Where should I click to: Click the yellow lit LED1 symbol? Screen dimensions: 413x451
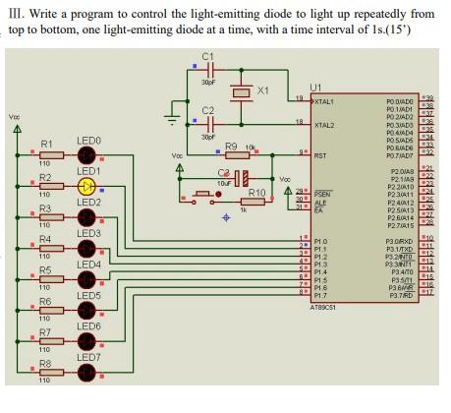87,187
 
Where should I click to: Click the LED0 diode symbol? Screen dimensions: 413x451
87,155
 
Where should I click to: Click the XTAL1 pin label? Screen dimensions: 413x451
325,102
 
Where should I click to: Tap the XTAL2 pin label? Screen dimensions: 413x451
325,125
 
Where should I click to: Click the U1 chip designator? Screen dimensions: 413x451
314,88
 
